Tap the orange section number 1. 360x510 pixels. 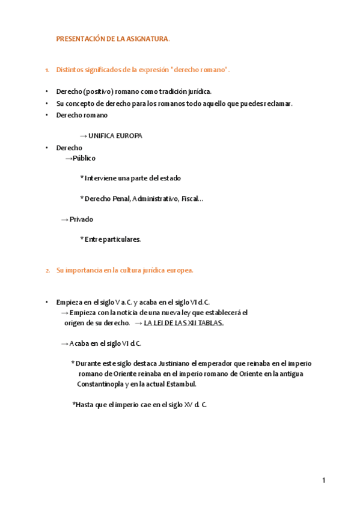pos(47,70)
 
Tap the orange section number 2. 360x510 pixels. pos(47,271)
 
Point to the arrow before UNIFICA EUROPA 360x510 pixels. pos(83,136)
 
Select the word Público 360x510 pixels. pos(84,158)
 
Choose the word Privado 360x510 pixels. pos(81,220)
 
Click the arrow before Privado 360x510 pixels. pos(64,220)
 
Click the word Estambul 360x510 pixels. pos(180,384)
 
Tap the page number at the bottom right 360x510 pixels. pos(323,480)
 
